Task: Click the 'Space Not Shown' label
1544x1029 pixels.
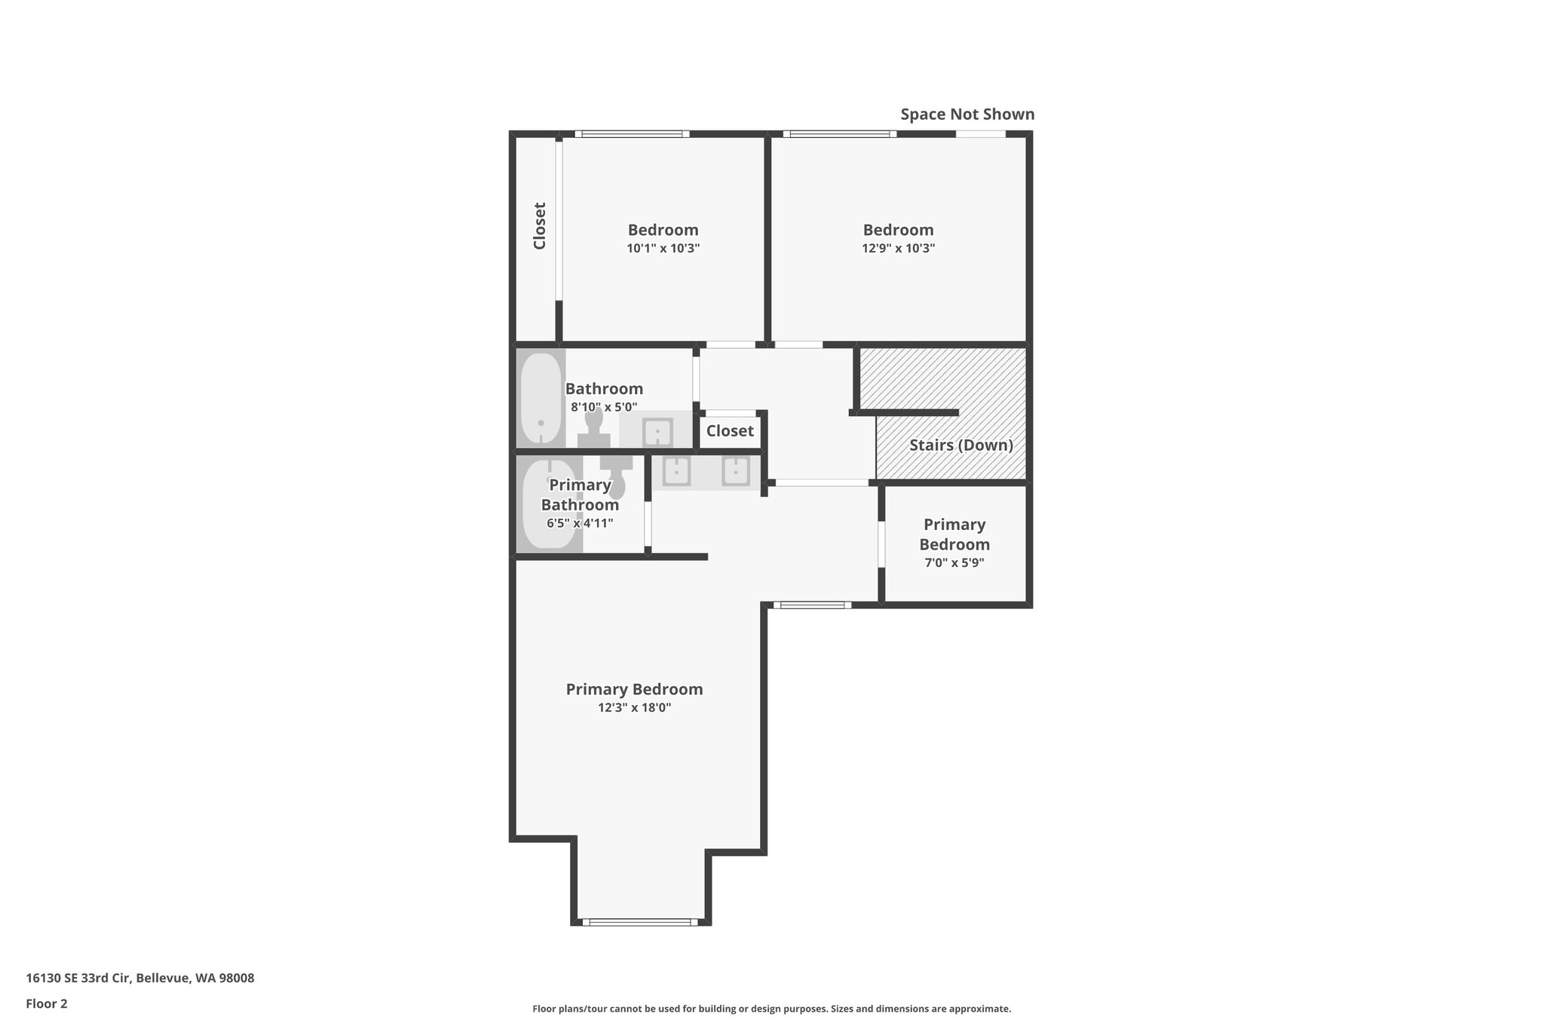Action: click(967, 115)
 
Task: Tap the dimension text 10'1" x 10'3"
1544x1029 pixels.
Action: click(663, 248)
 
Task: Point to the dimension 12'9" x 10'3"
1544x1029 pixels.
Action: click(898, 248)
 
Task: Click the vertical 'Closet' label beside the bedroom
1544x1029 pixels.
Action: click(539, 225)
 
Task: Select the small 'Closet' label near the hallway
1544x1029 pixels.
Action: click(730, 431)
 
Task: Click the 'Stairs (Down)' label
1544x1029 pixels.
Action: click(960, 445)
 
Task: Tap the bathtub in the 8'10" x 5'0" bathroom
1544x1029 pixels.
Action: click(541, 398)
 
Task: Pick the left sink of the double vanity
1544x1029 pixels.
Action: click(676, 471)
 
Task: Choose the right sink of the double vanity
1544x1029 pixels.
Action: click(736, 471)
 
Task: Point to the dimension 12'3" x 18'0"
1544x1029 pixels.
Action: click(634, 708)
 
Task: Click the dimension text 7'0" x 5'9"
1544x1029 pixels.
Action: click(954, 562)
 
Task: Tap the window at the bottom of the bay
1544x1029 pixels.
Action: click(639, 921)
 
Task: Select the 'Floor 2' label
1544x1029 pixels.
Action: click(47, 1003)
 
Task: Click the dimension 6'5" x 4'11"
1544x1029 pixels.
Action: click(580, 523)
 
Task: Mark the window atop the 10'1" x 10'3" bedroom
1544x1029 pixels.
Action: click(632, 134)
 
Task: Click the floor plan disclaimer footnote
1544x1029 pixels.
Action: click(771, 1009)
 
